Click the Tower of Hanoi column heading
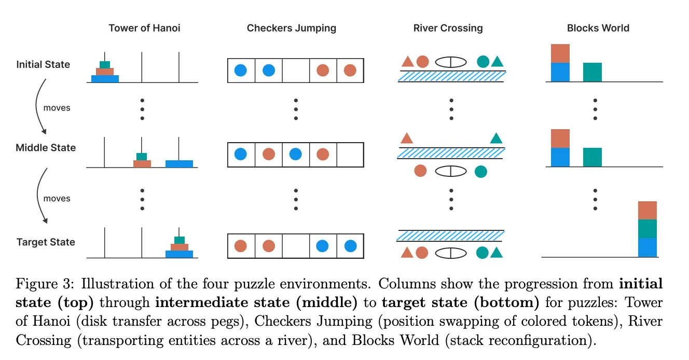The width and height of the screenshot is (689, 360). tap(144, 28)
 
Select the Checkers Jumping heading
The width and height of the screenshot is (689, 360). tap(291, 28)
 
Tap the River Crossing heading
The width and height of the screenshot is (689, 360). tap(448, 28)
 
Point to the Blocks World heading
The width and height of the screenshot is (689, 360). tap(598, 28)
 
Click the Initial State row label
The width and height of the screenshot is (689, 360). tap(43, 65)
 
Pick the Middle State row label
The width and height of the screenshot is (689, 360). tap(46, 148)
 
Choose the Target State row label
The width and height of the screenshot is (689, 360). tap(46, 242)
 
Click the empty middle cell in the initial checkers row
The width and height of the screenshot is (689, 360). tap(296, 70)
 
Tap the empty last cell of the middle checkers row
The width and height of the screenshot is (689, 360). tap(350, 154)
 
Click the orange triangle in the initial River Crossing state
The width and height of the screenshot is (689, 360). tap(407, 62)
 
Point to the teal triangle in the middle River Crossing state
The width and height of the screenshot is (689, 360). tap(496, 138)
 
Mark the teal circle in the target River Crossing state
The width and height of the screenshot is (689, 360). tap(483, 253)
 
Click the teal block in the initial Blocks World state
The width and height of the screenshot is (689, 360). tap(592, 72)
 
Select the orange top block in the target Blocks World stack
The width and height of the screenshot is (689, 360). tap(647, 211)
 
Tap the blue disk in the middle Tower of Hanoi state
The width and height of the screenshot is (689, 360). tap(179, 164)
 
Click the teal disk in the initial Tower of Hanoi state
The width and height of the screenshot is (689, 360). tap(105, 65)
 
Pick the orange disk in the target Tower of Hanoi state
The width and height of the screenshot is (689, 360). tap(179, 247)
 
